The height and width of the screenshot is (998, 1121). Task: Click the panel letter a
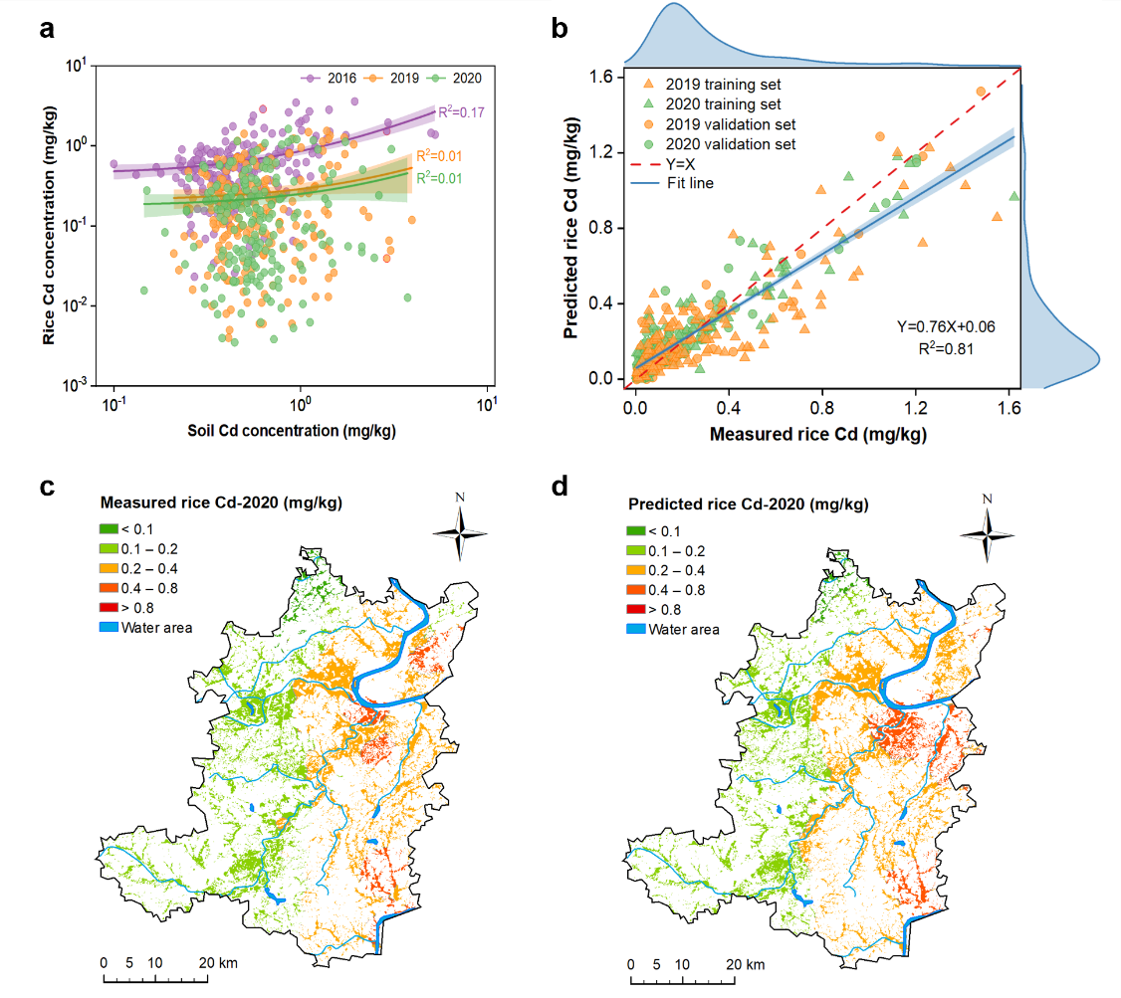pos(46,30)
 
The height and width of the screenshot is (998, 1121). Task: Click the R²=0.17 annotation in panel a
pos(461,112)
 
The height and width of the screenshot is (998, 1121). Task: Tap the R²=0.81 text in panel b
pos(946,348)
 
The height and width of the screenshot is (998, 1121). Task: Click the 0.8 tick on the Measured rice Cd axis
pos(822,407)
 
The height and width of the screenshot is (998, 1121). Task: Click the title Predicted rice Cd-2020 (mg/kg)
pos(748,505)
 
